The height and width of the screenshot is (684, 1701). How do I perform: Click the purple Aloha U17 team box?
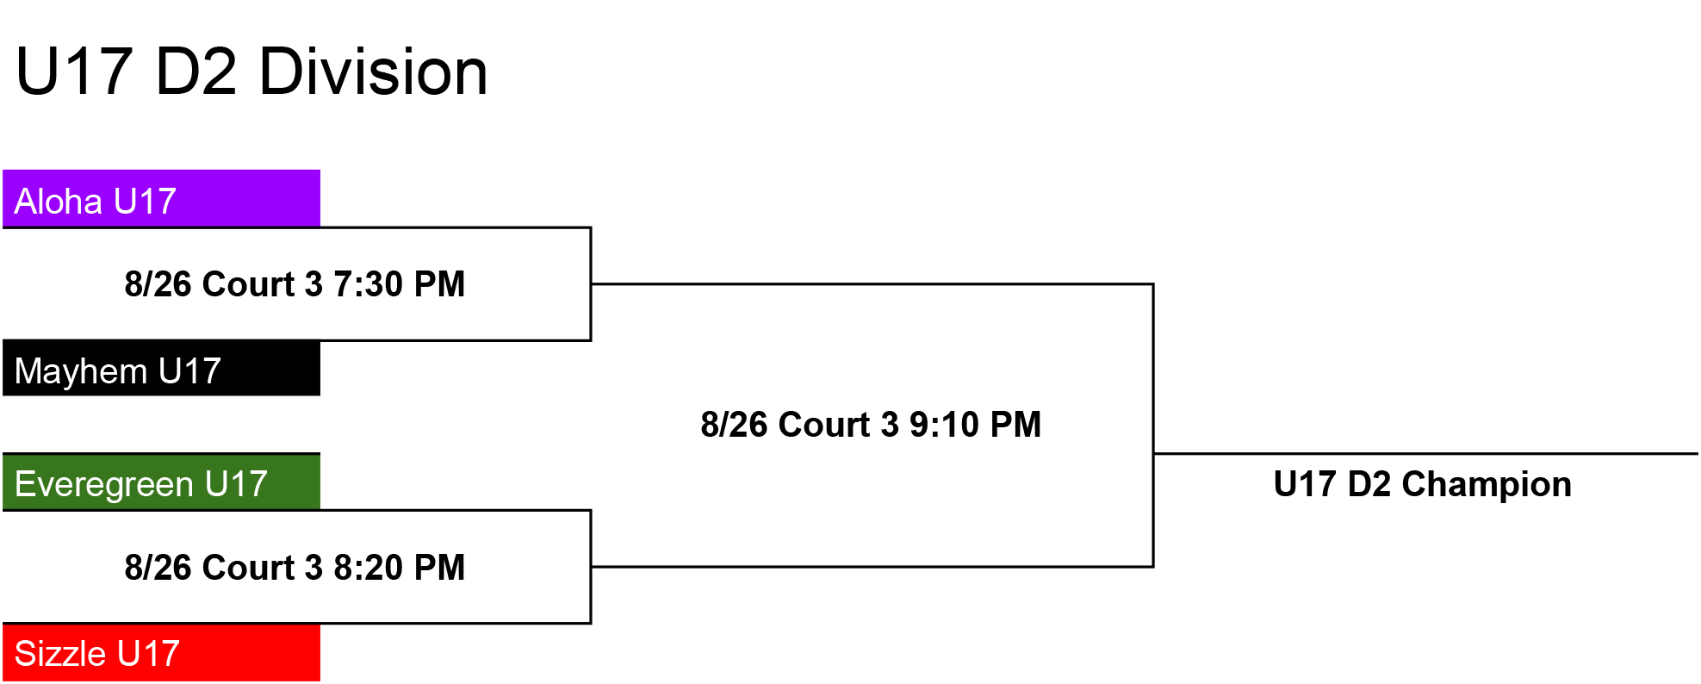coord(161,198)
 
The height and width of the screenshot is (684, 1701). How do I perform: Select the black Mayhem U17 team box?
coord(161,368)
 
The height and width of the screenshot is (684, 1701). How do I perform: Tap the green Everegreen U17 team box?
coord(161,482)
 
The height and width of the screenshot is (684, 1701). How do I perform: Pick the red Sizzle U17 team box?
coord(161,652)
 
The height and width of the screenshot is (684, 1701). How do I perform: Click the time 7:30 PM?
coord(400,284)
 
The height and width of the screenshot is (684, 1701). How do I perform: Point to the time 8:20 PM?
coord(400,568)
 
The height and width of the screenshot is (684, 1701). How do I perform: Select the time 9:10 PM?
coord(976,425)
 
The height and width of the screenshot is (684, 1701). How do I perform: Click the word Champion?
coord(1487,485)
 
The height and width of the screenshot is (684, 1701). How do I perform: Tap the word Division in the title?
coord(373,72)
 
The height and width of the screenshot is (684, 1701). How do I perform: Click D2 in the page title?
coord(196,72)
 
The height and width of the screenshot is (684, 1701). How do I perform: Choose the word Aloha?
coord(59,202)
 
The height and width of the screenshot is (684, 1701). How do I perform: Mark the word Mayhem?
coord(81,371)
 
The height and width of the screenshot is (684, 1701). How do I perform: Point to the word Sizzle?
coord(60,654)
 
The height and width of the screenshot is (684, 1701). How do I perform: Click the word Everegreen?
coord(104,485)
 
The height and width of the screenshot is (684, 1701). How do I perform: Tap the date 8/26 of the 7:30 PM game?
coord(158,284)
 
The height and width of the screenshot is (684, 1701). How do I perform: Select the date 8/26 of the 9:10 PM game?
coord(735,425)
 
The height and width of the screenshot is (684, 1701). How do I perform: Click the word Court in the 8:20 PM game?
coord(249,568)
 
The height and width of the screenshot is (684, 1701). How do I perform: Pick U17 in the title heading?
coord(74,72)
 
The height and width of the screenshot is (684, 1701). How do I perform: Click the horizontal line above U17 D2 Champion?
coord(1425,453)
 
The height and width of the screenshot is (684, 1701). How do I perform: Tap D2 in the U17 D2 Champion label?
coord(1369,485)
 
